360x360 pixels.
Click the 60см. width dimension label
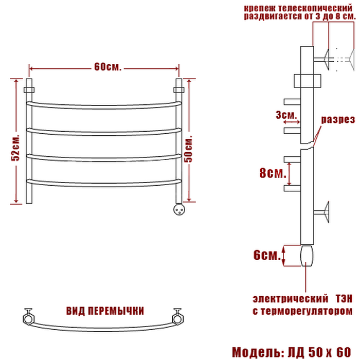coord(107,67)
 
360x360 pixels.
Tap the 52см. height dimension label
coord(16,148)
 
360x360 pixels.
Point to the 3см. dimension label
coord(286,115)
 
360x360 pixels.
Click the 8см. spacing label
coord(273,173)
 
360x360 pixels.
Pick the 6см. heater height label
coord(267,255)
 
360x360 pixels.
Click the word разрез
coord(338,119)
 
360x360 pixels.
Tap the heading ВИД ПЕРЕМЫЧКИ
coord(105,311)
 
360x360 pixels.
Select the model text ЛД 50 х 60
coord(319,352)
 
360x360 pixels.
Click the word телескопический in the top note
coord(315,9)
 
